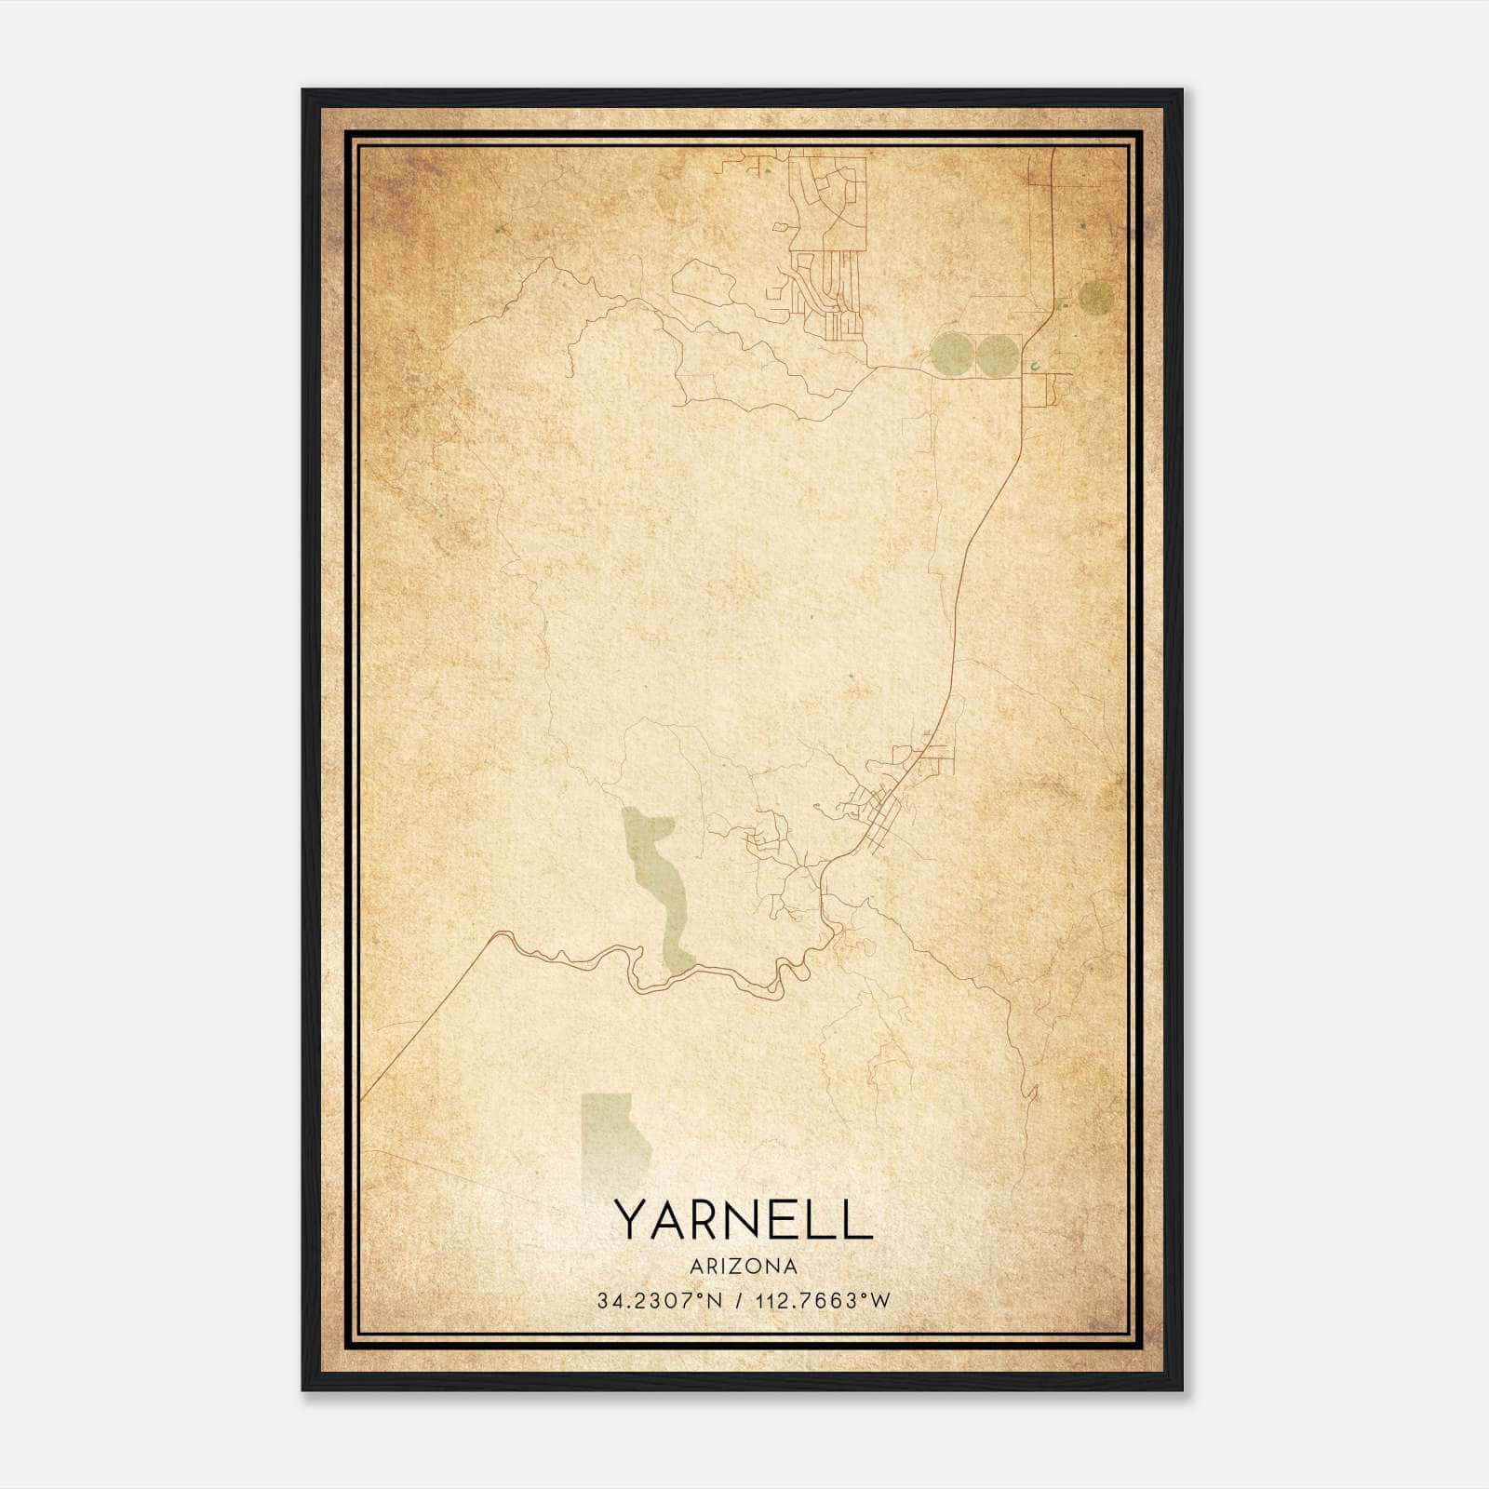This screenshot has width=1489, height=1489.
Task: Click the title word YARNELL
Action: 743,1220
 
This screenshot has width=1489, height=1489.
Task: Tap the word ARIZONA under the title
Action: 743,1267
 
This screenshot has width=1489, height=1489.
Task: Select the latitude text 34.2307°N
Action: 661,1301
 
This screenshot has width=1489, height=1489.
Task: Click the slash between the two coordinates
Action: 740,1301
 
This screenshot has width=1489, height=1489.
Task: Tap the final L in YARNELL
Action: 859,1220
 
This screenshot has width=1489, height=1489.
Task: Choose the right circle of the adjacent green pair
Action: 997,354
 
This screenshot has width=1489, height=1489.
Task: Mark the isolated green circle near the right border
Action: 1096,297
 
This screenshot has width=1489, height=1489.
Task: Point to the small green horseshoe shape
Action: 1035,367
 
